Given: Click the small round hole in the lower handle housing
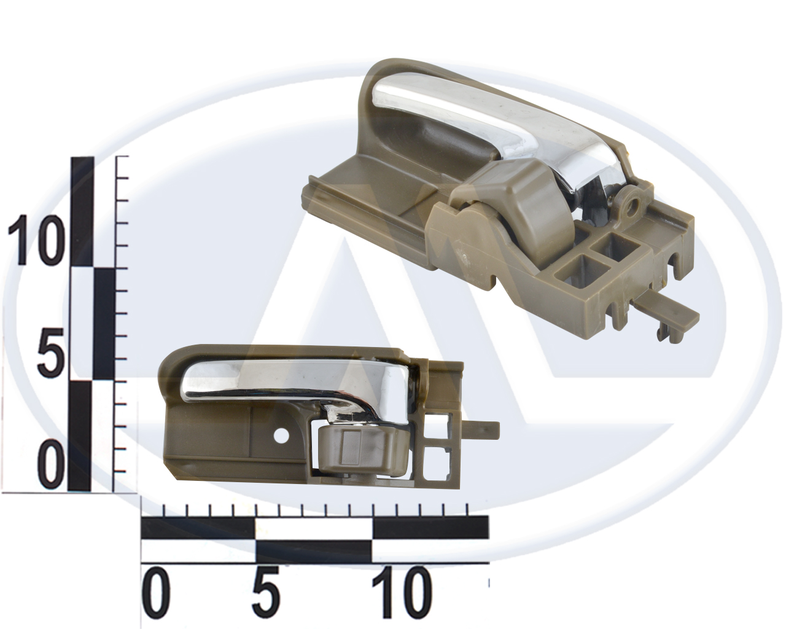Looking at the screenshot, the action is click(281, 436).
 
